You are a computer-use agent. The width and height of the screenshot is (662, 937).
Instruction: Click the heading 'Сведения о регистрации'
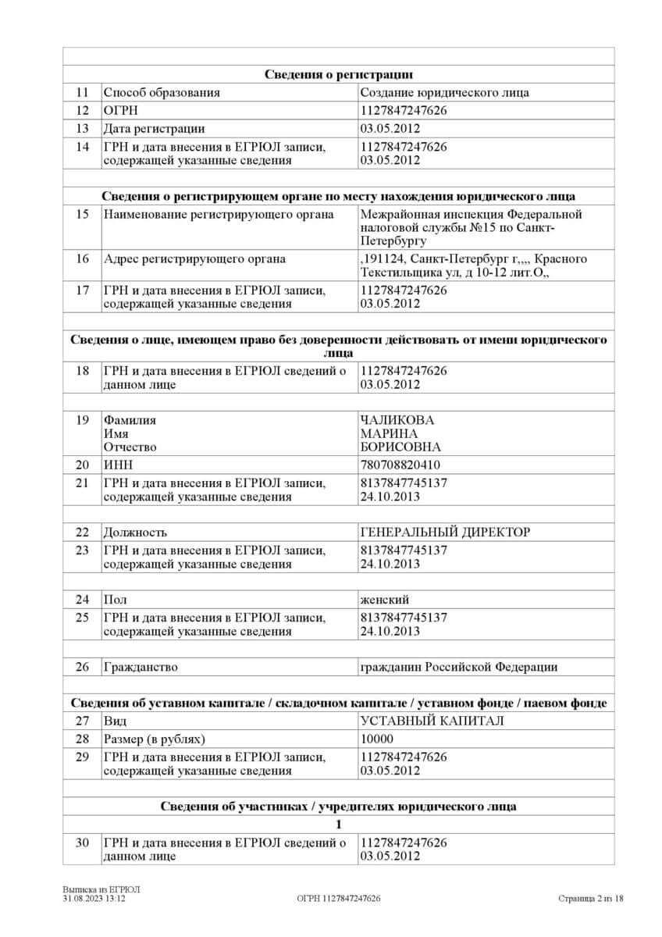338,75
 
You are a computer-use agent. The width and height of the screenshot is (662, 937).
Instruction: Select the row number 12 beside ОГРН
83,111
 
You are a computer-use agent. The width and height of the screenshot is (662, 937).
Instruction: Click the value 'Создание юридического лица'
444,93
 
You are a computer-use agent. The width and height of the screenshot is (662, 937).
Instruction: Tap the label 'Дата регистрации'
154,129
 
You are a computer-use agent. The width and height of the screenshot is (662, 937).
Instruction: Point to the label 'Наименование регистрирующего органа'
219,215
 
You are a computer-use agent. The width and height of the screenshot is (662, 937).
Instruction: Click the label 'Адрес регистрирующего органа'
194,259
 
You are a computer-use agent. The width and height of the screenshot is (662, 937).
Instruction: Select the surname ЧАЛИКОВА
397,420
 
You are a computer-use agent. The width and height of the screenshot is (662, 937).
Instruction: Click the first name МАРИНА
389,433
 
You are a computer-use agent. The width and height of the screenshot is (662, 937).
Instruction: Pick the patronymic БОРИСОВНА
400,447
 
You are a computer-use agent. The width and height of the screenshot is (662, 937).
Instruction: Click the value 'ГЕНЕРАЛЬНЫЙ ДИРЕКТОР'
445,533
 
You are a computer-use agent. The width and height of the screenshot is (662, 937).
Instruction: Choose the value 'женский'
385,600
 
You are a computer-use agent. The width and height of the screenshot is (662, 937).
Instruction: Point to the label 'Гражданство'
141,668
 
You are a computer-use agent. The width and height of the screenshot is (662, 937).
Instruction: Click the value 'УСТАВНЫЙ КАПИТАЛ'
432,721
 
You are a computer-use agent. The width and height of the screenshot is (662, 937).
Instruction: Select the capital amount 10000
377,739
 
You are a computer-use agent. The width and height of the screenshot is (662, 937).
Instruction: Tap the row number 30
83,843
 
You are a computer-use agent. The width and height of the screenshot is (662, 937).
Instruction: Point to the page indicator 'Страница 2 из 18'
591,899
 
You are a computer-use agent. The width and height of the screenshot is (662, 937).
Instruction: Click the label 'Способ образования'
162,93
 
